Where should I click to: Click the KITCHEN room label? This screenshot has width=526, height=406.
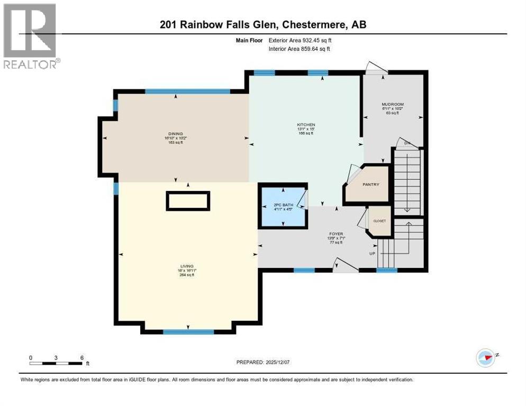(x=306, y=125)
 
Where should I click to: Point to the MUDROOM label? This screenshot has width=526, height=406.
(x=393, y=105)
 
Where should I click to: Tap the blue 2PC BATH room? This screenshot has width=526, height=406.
(x=283, y=206)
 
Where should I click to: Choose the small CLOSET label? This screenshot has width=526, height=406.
(x=379, y=220)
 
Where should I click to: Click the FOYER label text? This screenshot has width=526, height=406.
(x=335, y=234)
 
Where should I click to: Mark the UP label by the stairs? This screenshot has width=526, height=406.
(x=373, y=254)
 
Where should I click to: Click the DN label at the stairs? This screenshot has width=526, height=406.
(x=407, y=143)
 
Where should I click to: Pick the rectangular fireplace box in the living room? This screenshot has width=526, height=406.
(x=188, y=201)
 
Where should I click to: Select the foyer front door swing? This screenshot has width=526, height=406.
(x=344, y=265)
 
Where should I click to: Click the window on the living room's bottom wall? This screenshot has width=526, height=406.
(x=188, y=332)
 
